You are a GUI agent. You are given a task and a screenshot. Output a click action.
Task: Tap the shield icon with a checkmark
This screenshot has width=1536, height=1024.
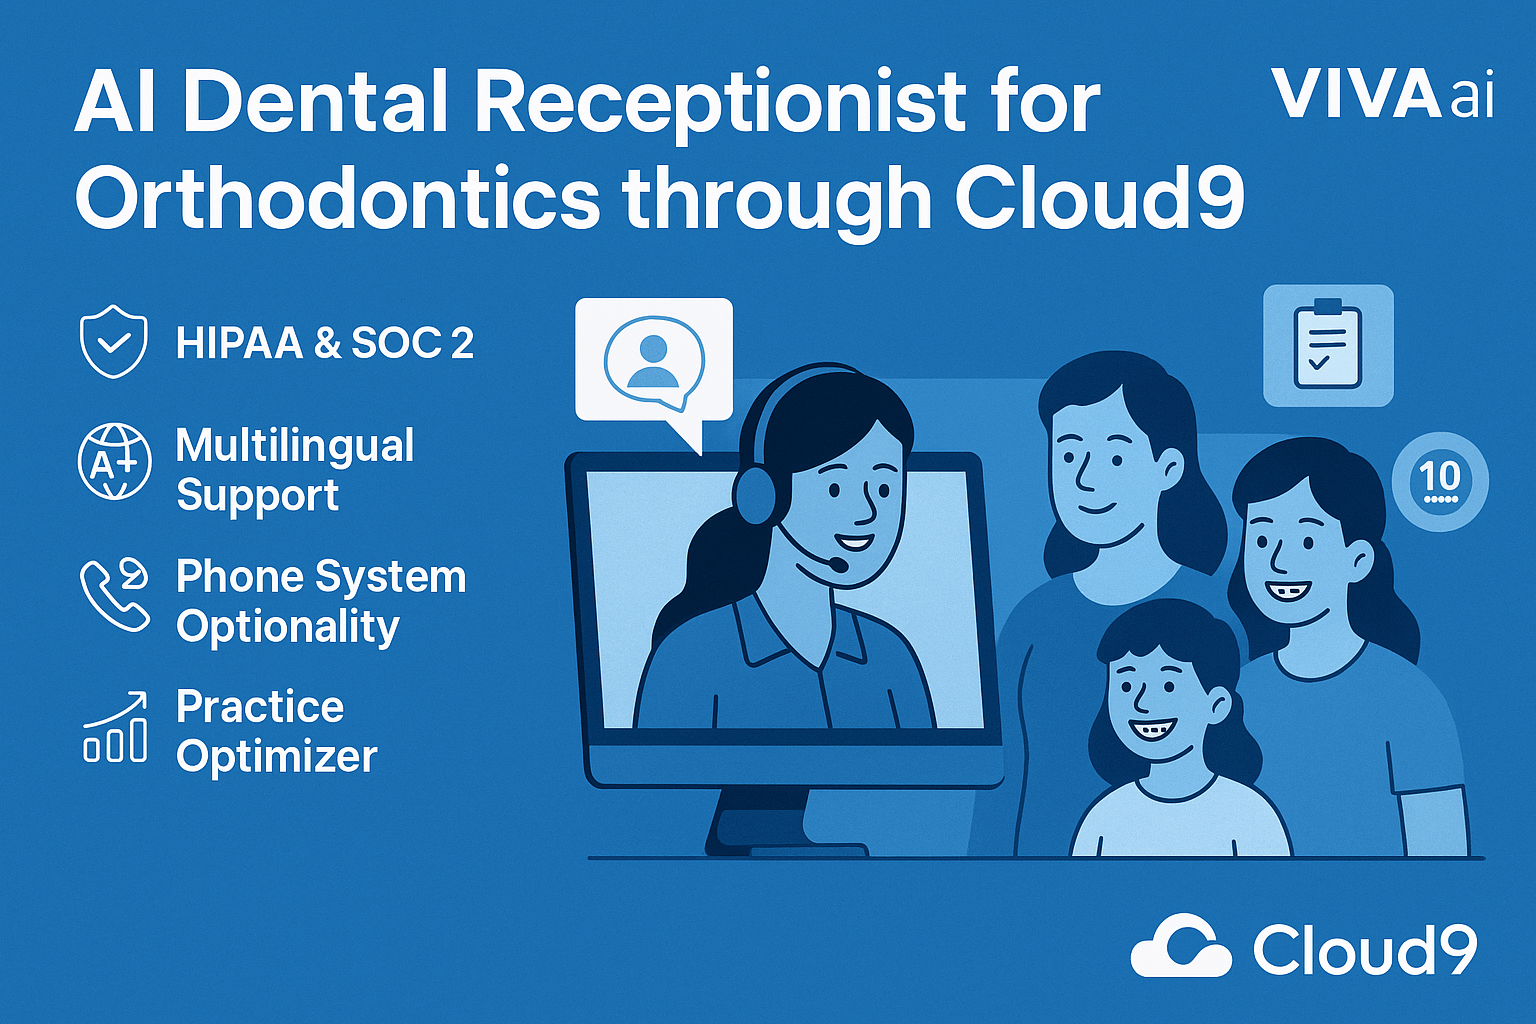point(114,341)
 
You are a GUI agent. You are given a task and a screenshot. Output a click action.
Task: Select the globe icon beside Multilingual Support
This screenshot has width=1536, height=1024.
point(114,461)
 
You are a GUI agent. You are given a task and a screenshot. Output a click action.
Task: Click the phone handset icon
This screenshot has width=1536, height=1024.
point(114,595)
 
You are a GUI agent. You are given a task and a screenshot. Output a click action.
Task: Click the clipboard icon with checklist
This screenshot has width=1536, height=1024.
point(1328,345)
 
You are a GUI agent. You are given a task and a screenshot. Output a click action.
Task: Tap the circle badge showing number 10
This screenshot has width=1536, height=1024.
point(1440,481)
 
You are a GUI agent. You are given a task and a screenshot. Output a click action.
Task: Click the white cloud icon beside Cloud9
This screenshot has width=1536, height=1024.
point(1181,945)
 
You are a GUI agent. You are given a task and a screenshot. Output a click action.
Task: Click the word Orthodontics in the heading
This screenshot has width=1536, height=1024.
point(337,198)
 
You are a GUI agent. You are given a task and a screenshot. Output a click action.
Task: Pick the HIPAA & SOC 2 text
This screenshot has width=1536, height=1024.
point(324,342)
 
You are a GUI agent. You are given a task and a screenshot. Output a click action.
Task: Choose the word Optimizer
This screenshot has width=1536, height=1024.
point(277,757)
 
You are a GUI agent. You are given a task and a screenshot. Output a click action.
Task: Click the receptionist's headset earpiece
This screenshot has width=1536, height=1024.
point(754,487)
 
